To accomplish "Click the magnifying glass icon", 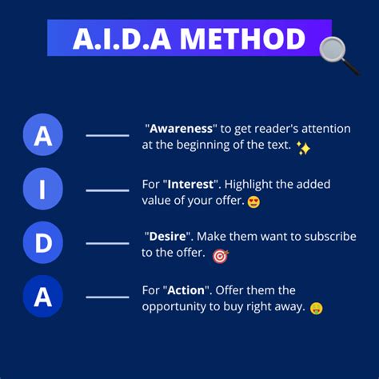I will coord(337,54).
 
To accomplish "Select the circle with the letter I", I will coord(43,189).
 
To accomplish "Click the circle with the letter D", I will coord(43,243).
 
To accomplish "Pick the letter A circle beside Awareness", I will coord(43,136).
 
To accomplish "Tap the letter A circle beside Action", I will coord(43,297).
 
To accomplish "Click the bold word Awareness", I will coord(183,128).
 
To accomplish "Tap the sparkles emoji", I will coord(303,148).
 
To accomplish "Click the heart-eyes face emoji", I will coord(254,201).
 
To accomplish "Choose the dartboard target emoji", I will coord(220,256).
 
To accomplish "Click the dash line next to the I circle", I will coord(107,190).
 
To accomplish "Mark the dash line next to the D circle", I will coord(107,243).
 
